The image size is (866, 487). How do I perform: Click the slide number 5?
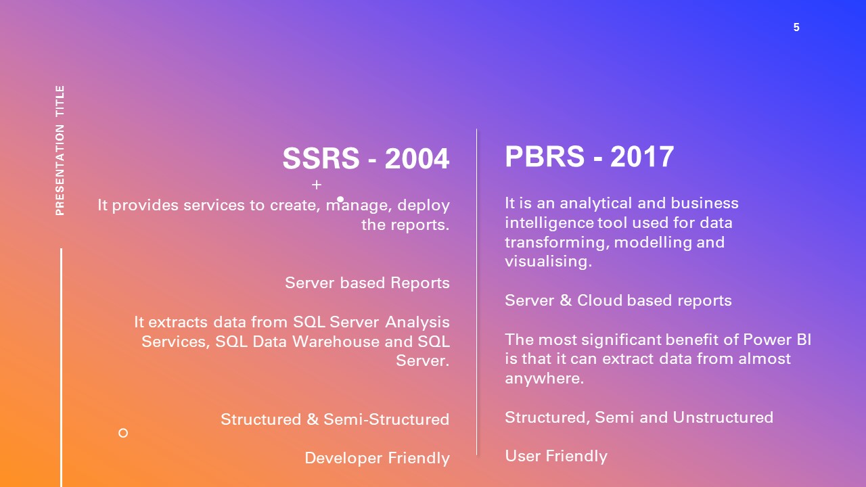pos(796,28)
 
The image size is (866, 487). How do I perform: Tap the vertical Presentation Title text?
pos(60,150)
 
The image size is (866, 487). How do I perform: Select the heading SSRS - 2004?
pos(365,159)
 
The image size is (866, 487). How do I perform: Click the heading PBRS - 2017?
pos(589,157)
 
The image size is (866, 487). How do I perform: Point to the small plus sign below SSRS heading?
pos(317,185)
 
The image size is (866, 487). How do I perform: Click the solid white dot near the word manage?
pos(340,200)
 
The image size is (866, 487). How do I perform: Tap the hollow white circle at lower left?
pos(123,433)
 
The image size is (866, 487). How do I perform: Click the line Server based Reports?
pos(367,283)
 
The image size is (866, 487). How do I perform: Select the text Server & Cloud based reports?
pos(618,300)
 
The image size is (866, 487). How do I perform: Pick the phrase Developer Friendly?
pos(377,458)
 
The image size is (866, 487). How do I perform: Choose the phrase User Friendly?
pos(556,456)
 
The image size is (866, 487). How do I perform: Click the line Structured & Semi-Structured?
pos(335,419)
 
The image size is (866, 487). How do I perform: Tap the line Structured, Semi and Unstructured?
pos(639,417)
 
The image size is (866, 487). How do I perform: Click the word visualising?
pos(548,261)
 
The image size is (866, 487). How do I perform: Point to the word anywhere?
pos(544,378)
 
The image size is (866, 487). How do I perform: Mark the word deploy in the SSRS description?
pos(424,205)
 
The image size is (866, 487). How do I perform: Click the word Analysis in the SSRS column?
pos(417,322)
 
